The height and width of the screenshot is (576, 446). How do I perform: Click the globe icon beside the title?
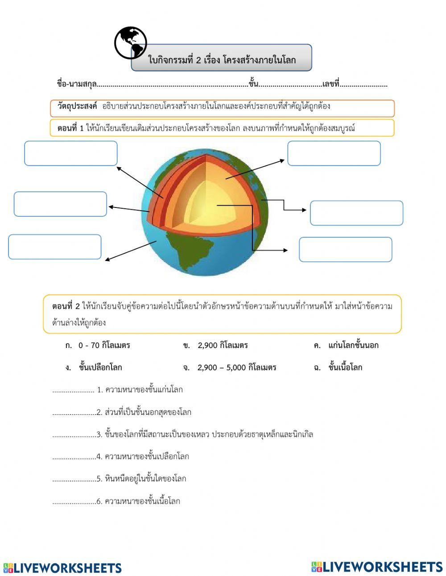click(x=130, y=43)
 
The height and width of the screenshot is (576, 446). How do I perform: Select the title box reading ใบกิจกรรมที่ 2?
click(x=222, y=59)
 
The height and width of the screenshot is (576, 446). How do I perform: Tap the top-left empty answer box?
click(x=71, y=153)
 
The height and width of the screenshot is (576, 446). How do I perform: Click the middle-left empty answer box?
click(x=60, y=204)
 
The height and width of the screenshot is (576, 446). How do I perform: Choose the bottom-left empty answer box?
click(x=55, y=247)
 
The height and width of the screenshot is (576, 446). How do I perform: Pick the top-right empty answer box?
click(x=334, y=153)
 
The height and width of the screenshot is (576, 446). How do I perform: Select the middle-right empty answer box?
click(x=356, y=213)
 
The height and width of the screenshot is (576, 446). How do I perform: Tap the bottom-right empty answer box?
click(x=345, y=249)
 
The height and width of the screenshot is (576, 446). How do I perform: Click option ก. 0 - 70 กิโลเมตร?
click(x=98, y=345)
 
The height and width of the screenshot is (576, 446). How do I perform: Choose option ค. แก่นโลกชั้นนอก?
click(x=347, y=345)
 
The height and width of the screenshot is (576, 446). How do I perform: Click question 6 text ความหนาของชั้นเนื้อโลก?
click(x=142, y=501)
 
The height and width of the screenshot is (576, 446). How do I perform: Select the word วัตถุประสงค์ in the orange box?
click(x=77, y=107)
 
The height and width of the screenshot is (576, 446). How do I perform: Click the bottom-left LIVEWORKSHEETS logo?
click(x=62, y=568)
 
